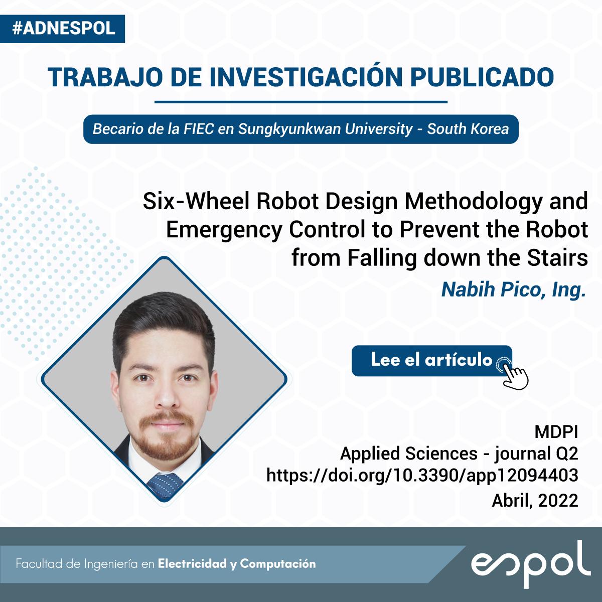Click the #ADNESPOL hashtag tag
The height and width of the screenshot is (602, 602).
point(62,29)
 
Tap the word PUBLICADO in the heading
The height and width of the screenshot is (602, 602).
point(482,77)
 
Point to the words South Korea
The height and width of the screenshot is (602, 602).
point(468,129)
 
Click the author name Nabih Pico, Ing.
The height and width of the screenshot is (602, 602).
point(513,290)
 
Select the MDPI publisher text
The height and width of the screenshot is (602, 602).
point(556,432)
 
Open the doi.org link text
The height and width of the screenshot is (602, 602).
point(422,476)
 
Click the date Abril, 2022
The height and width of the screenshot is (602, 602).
point(535,501)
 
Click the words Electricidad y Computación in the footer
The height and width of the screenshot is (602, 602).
point(237,564)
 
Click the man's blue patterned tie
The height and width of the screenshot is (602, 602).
point(165,485)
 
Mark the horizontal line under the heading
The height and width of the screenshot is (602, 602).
point(301,101)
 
